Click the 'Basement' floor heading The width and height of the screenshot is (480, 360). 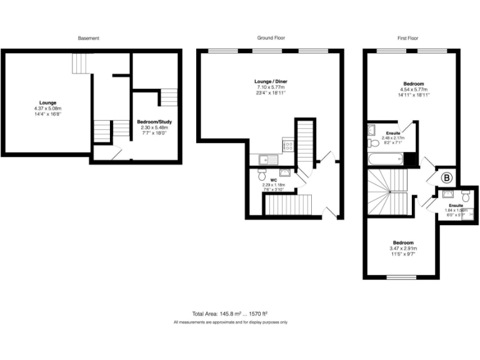(x=88, y=38)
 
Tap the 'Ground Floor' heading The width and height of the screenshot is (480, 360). (x=271, y=38)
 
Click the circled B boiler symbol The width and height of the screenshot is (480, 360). (x=447, y=177)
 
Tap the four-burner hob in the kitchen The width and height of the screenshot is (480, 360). (x=288, y=146)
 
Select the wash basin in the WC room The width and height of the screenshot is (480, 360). (x=284, y=173)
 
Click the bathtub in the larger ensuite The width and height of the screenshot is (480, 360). (x=386, y=160)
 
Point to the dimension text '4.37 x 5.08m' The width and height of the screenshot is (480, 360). (x=48, y=109)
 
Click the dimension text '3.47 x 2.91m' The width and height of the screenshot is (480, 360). (x=403, y=249)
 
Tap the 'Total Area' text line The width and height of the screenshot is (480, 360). (x=231, y=313)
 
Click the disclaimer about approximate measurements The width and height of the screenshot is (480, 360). (x=231, y=322)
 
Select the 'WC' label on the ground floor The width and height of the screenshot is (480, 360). (x=273, y=180)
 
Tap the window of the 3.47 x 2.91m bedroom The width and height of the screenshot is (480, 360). (x=401, y=277)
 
